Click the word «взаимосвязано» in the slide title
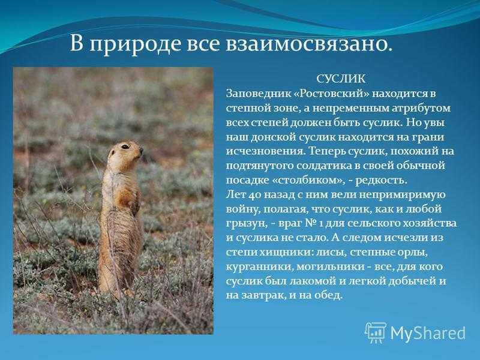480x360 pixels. (309, 44)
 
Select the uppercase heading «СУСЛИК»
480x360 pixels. (341, 79)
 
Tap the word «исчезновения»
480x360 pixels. (266, 152)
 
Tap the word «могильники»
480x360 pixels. (328, 267)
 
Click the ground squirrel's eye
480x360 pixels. (125, 146)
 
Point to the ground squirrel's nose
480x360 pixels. (141, 150)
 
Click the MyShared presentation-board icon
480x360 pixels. (376, 332)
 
